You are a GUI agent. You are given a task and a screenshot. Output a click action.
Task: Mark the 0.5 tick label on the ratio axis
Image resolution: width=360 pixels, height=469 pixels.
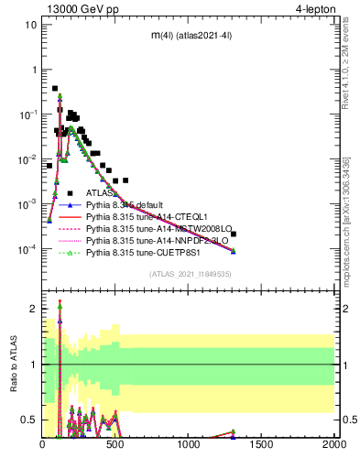(27, 420)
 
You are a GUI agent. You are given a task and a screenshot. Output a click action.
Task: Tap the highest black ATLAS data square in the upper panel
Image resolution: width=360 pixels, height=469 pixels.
(55, 89)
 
